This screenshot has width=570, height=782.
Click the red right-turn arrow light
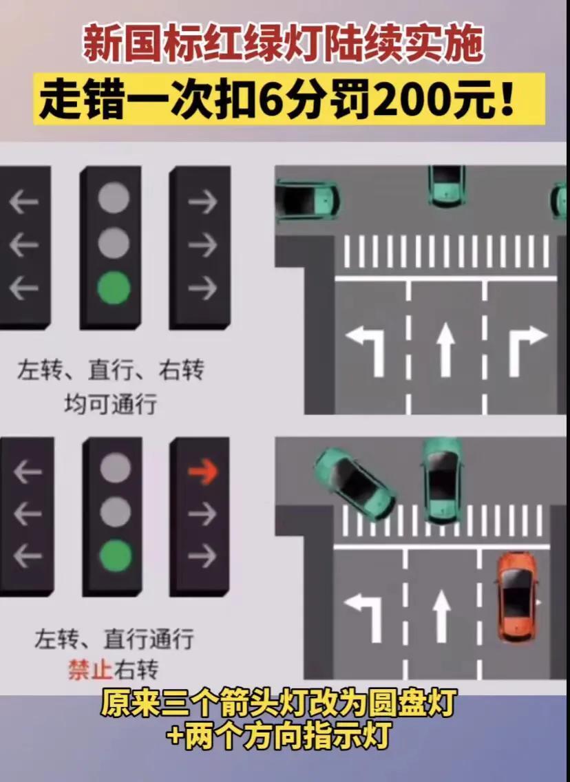tap(202, 471)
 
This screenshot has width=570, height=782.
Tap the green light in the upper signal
tap(114, 288)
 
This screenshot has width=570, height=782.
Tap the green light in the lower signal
tap(115, 556)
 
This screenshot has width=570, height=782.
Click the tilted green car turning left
tap(355, 484)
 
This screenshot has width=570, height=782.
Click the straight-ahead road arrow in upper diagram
tap(445, 352)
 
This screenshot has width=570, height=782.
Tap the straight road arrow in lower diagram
tap(441, 617)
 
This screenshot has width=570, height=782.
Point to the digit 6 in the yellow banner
tap(271, 101)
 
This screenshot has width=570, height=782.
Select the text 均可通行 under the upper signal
tap(111, 403)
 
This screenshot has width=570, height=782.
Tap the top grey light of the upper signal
tap(114, 198)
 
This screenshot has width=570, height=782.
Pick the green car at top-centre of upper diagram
tap(447, 186)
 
